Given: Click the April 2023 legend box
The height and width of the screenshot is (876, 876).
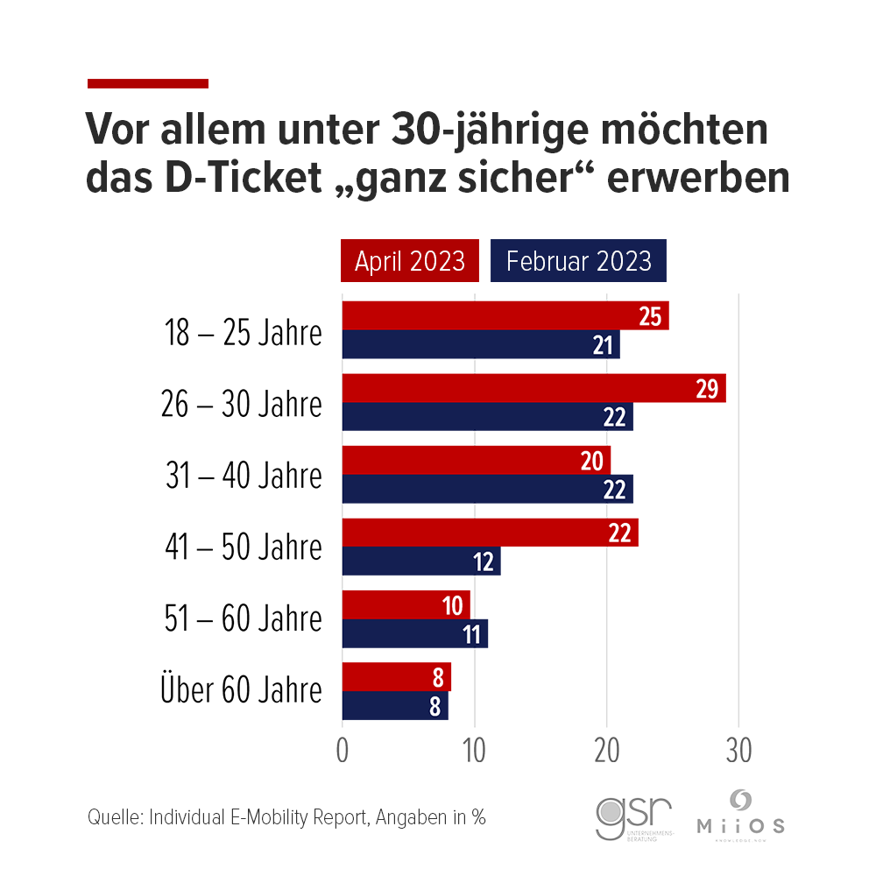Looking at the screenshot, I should pyautogui.click(x=410, y=261).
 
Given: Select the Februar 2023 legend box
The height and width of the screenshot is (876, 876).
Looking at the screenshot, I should pyautogui.click(x=578, y=261).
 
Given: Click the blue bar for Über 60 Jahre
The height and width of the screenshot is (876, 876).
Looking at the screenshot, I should pyautogui.click(x=395, y=705).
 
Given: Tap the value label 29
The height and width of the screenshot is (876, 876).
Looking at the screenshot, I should pyautogui.click(x=707, y=389).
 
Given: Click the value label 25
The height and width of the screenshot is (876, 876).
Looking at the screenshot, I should pyautogui.click(x=649, y=317).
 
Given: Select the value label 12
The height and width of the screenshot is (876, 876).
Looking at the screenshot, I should pyautogui.click(x=484, y=562).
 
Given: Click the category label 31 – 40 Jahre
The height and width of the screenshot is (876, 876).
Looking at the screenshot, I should pyautogui.click(x=244, y=476).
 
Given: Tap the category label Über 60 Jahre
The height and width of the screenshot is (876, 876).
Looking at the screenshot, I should pyautogui.click(x=241, y=690).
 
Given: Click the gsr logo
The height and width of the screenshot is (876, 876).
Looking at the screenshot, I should pyautogui.click(x=633, y=816).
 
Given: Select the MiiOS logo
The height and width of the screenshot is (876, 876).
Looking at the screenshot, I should pyautogui.click(x=740, y=815).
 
